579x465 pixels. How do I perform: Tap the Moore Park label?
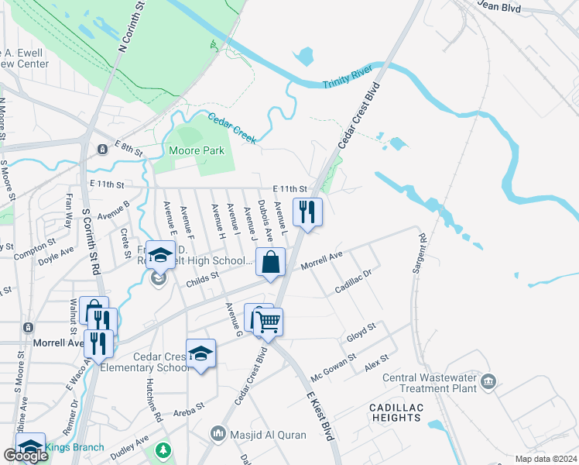click(196, 150)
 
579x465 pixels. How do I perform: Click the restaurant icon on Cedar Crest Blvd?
click(307, 211)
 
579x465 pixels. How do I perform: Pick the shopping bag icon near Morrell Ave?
click(271, 261)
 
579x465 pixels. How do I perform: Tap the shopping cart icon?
click(268, 321)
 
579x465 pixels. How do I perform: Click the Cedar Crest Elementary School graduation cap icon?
click(201, 353)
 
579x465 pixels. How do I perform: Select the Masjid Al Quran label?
click(268, 435)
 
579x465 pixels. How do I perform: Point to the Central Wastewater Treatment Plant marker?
click(488, 381)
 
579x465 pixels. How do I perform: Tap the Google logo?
click(26, 456)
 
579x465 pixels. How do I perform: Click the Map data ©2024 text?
click(546, 459)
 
